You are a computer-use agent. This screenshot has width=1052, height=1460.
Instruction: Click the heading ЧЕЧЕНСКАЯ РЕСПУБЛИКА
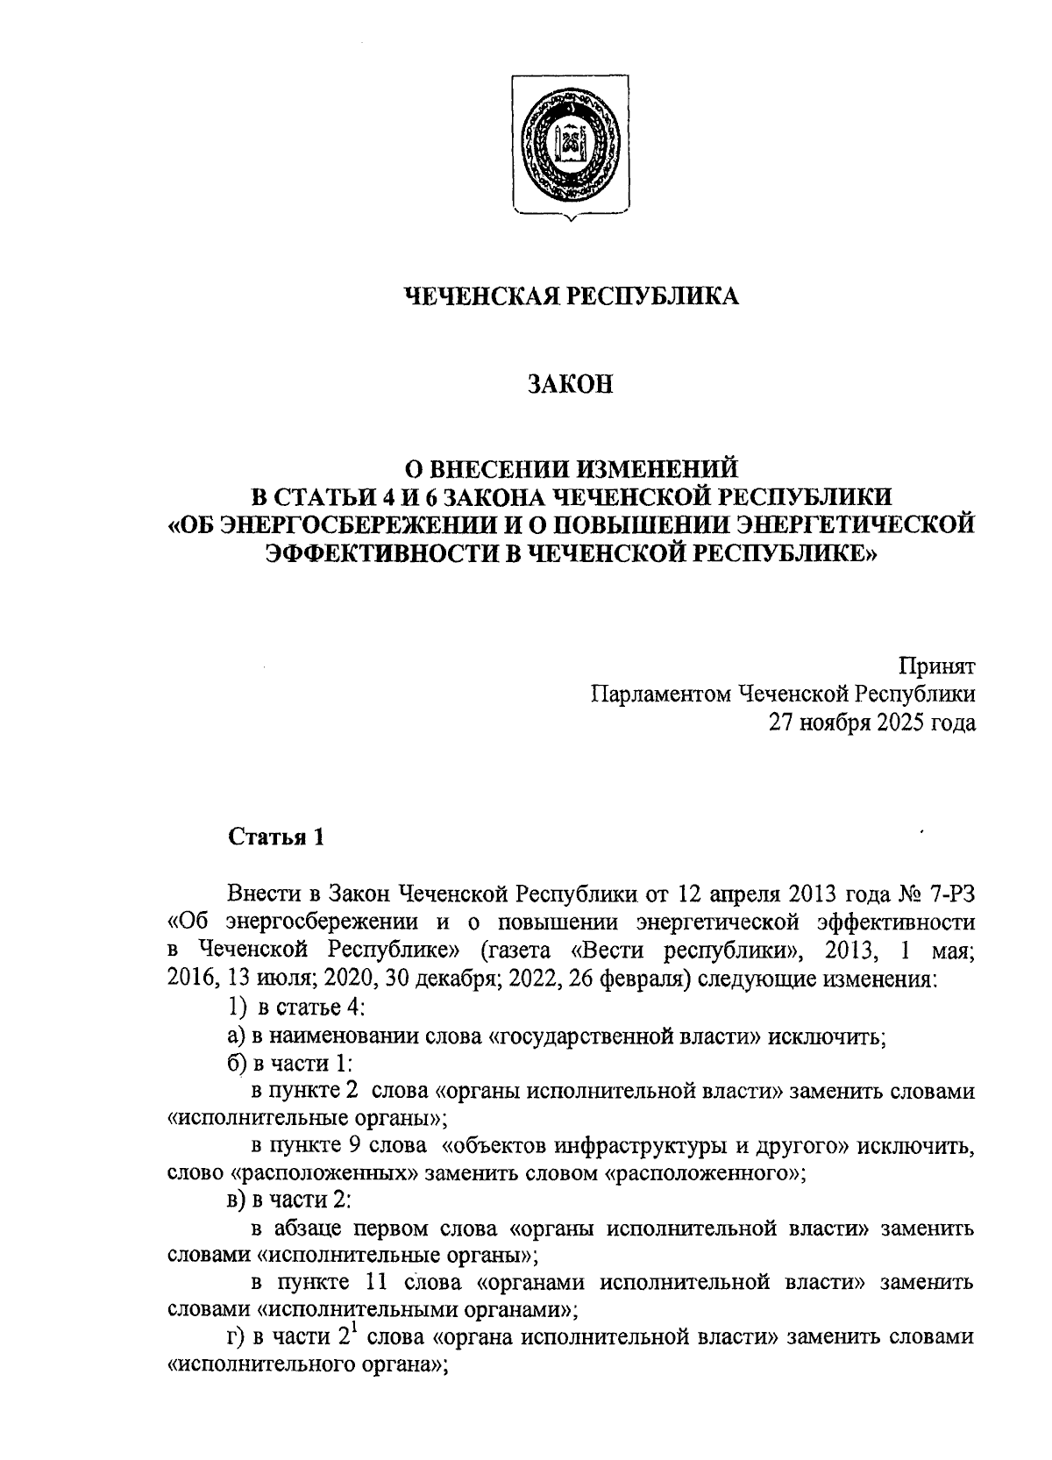(x=571, y=296)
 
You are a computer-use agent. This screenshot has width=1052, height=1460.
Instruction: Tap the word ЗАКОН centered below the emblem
(x=571, y=384)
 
